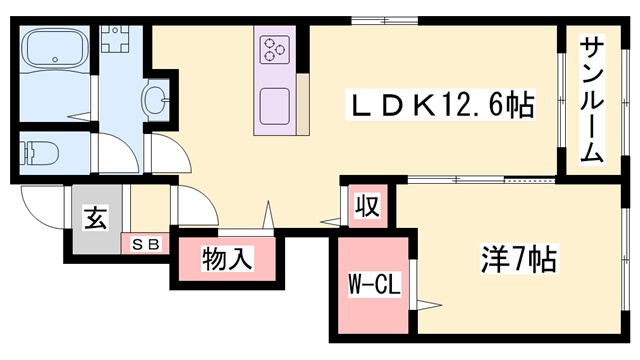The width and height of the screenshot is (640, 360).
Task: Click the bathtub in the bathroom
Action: [x=54, y=51]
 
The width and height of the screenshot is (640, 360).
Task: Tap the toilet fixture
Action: [x=40, y=155]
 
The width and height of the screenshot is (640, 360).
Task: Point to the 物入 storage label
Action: [x=226, y=259]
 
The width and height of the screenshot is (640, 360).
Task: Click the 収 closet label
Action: [x=367, y=207]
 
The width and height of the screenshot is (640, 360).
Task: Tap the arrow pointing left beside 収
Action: [x=328, y=220]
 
